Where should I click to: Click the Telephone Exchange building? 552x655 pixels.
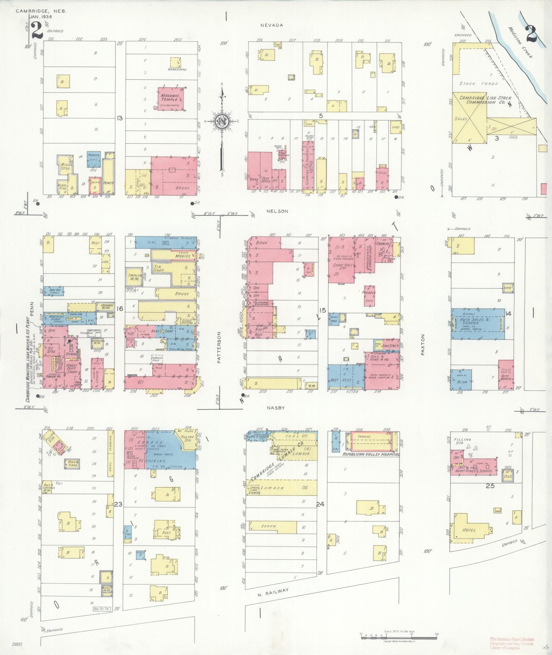(261, 303)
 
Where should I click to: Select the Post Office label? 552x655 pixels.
(266, 180)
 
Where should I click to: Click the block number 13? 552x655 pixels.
(119, 118)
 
